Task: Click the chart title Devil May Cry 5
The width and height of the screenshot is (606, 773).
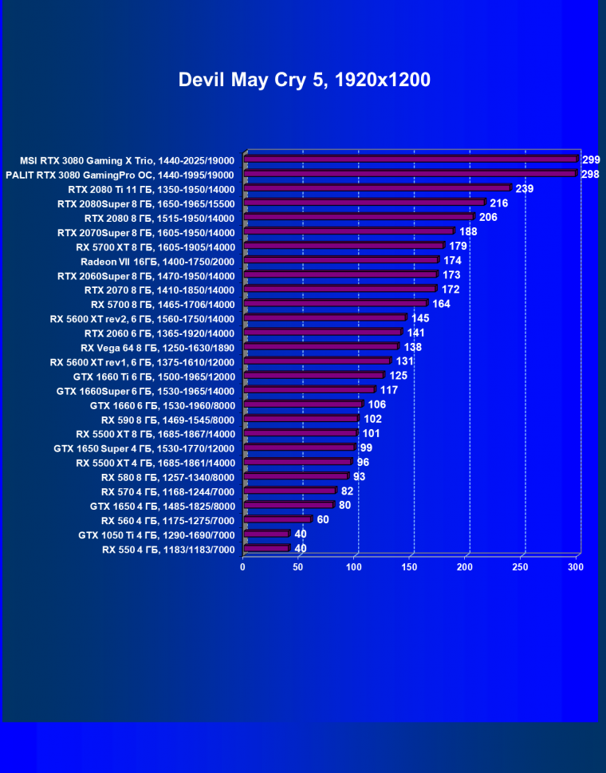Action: [304, 80]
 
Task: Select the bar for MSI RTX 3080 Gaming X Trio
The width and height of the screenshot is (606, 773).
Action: [410, 160]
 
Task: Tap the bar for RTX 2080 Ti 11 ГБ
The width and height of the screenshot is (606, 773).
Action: [376, 188]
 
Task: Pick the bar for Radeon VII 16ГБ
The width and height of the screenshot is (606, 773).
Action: [340, 260]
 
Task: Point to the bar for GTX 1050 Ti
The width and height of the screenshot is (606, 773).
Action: [266, 534]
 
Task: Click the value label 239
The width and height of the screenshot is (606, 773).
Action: [525, 188]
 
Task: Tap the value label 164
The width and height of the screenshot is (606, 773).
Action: [441, 304]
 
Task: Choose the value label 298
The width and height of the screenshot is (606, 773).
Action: [590, 174]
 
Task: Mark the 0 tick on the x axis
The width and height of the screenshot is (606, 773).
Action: [243, 567]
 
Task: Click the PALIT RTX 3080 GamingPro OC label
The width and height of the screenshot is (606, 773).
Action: [120, 174]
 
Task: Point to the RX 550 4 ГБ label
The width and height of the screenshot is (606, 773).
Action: [168, 549]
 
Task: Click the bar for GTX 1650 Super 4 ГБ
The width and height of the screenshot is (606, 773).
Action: [299, 448]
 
